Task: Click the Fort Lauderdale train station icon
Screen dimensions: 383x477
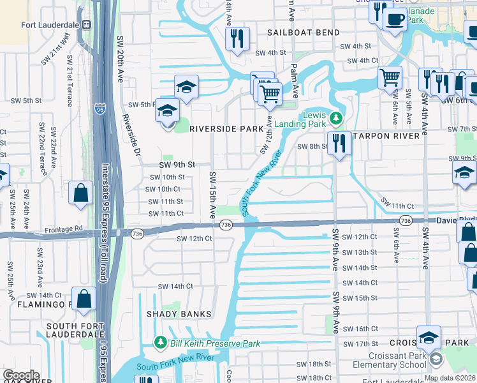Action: tap(85, 25)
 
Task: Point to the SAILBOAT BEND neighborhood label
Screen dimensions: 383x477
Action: tap(299, 32)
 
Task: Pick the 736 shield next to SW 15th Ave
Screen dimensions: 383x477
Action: tap(226, 225)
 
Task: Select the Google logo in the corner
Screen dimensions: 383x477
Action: tap(21, 375)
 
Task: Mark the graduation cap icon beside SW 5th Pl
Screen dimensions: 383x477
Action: tap(167, 112)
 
